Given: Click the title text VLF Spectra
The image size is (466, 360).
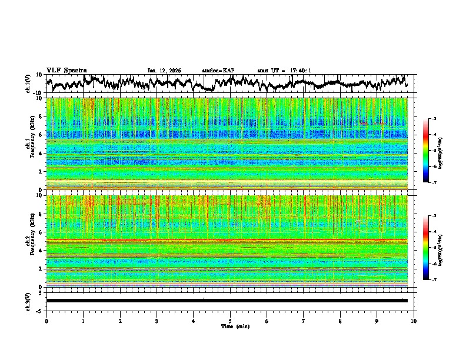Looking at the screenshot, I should tap(66, 70).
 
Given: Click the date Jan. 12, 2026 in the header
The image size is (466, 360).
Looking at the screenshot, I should tap(164, 71).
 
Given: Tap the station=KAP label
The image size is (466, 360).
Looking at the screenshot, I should tap(218, 71).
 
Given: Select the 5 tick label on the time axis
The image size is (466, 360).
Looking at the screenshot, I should tap(230, 321).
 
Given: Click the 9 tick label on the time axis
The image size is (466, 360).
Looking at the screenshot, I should tap(377, 321).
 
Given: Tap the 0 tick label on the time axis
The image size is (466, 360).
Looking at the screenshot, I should tap(46, 321).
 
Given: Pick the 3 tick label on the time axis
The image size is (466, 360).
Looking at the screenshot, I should tap(157, 321).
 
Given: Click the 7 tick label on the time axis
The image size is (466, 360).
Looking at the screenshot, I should tap(304, 321).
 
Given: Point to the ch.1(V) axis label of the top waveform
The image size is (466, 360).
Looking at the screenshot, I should tap(28, 84).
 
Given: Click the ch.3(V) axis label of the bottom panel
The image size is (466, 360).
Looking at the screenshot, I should tap(28, 301).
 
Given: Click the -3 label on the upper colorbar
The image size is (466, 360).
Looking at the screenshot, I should tap(434, 119).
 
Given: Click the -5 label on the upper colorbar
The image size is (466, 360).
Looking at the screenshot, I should tap(434, 151).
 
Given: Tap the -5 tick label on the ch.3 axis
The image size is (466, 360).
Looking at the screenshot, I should tap(39, 310).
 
